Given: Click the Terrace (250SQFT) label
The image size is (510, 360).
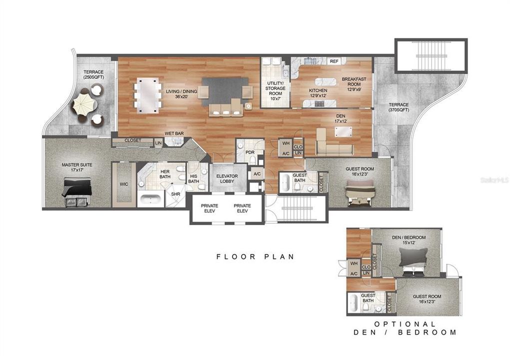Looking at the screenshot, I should (93, 75).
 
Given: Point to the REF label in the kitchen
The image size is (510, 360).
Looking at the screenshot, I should (334, 61).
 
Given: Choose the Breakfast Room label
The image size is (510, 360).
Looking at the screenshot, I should (354, 81).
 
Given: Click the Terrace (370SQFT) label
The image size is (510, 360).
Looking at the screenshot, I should (398, 106).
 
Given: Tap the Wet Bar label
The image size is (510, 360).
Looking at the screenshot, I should (173, 133).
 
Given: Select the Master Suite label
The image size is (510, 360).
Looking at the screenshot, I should (77, 167).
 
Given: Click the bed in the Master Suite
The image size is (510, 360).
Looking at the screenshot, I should (76, 191).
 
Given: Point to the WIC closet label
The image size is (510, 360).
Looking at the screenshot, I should (124, 184).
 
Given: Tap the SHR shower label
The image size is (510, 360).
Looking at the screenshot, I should (175, 194).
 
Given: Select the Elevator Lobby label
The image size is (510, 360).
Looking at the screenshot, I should (227, 178).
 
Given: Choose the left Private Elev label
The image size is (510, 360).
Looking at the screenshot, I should (209, 208).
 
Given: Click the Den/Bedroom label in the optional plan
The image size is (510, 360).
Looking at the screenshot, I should (408, 240).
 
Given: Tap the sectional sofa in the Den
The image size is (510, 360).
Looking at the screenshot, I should (333, 145).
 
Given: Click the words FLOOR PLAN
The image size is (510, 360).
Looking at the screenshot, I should (255, 256).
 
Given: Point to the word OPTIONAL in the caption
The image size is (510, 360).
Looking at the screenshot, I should (404, 324).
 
